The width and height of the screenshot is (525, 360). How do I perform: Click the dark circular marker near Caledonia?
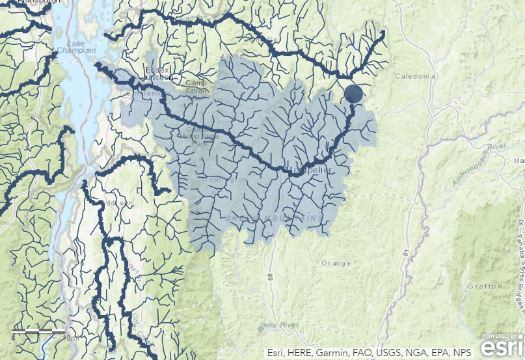coord(353,94)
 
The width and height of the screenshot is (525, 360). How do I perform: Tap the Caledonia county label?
coord(415,76)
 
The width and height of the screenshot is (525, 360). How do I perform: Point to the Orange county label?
coord(336,263)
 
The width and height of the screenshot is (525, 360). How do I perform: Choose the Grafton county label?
coord(485,286)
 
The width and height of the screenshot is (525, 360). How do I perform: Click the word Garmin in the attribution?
coord(334,352)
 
